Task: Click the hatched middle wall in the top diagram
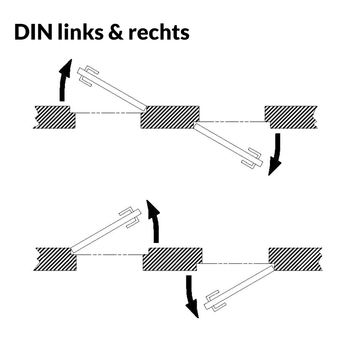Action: pyautogui.click(x=171, y=117)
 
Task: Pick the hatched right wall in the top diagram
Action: pyautogui.click(x=291, y=117)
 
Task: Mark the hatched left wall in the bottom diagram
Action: pyautogui.click(x=54, y=259)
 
